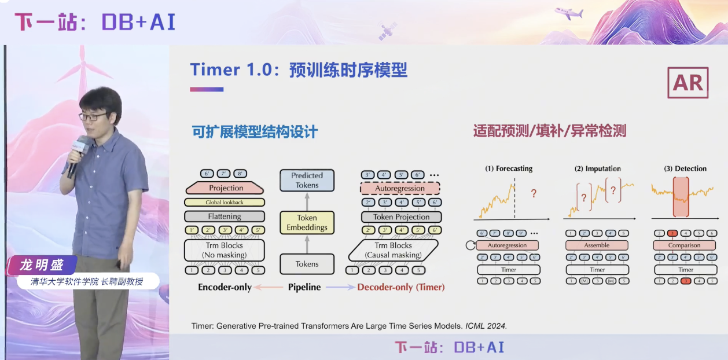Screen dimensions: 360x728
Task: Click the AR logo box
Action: coord(687,83)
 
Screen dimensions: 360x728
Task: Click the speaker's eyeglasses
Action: coord(92,116)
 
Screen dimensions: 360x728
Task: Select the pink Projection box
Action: coord(226,188)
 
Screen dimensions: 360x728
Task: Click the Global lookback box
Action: coord(225,203)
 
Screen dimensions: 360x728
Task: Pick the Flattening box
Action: coord(225,216)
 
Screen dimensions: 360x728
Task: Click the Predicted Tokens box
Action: coord(307,180)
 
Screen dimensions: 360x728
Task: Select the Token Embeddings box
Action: coord(307,223)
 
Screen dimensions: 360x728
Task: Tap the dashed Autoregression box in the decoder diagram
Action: coord(400,188)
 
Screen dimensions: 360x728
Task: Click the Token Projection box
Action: coord(401,217)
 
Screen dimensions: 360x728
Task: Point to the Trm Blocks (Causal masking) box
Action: coord(394,250)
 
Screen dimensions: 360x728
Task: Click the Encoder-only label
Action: coord(225,287)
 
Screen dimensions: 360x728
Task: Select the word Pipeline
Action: coord(304,287)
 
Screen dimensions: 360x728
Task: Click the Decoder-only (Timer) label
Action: coord(400,287)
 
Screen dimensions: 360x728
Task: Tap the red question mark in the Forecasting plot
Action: coord(533,194)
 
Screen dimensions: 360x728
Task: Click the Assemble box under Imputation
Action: coord(597,245)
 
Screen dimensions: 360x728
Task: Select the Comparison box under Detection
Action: coord(685,245)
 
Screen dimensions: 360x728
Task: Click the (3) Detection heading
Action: coord(685,168)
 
